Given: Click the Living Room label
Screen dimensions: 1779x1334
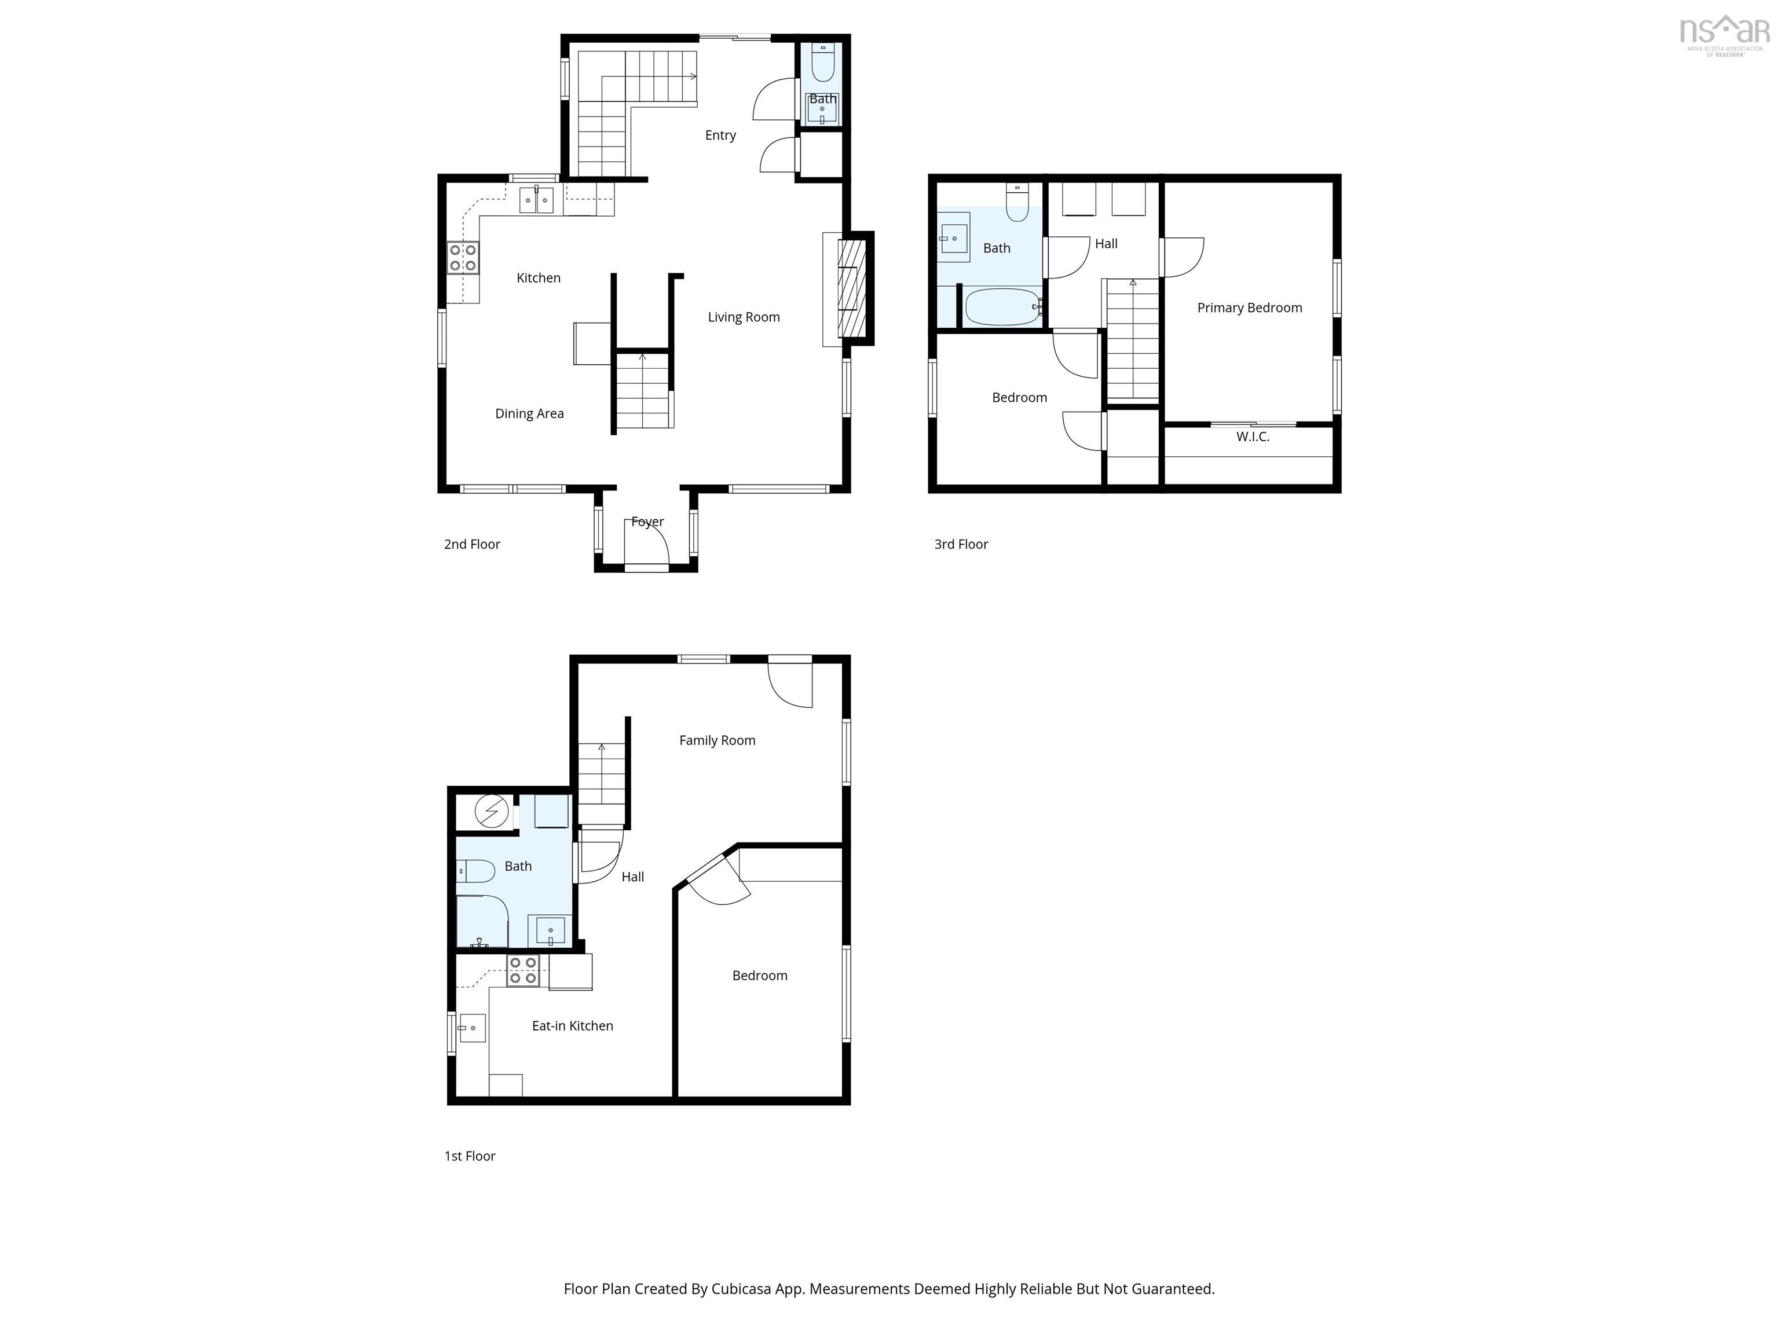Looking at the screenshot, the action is click(x=744, y=317).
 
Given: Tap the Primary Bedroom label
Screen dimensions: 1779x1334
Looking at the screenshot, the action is click(x=1249, y=307).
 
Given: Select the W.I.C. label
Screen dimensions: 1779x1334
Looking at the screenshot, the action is click(x=1252, y=437).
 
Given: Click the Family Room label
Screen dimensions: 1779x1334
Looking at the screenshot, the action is click(x=718, y=741).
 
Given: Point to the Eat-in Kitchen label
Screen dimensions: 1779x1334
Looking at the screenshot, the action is click(x=573, y=1025).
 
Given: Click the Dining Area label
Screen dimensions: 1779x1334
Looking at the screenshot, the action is click(x=529, y=413).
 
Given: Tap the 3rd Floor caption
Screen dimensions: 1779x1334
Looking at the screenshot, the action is click(x=961, y=544).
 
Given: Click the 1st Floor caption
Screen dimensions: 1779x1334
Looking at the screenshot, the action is click(x=470, y=1156).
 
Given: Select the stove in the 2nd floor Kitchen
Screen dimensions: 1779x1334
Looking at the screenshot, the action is click(x=463, y=258).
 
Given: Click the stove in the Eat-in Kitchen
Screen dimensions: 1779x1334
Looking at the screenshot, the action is click(x=523, y=970).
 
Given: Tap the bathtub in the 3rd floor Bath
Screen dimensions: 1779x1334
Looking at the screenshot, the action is click(x=1003, y=306).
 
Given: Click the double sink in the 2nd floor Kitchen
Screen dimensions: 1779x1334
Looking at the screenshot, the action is click(x=536, y=199).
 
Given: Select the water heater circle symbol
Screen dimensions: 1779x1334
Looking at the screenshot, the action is click(x=492, y=811).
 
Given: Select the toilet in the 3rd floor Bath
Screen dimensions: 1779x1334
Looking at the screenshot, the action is click(x=1017, y=203).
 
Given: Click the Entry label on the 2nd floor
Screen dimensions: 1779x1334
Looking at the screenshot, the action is click(x=720, y=135).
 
